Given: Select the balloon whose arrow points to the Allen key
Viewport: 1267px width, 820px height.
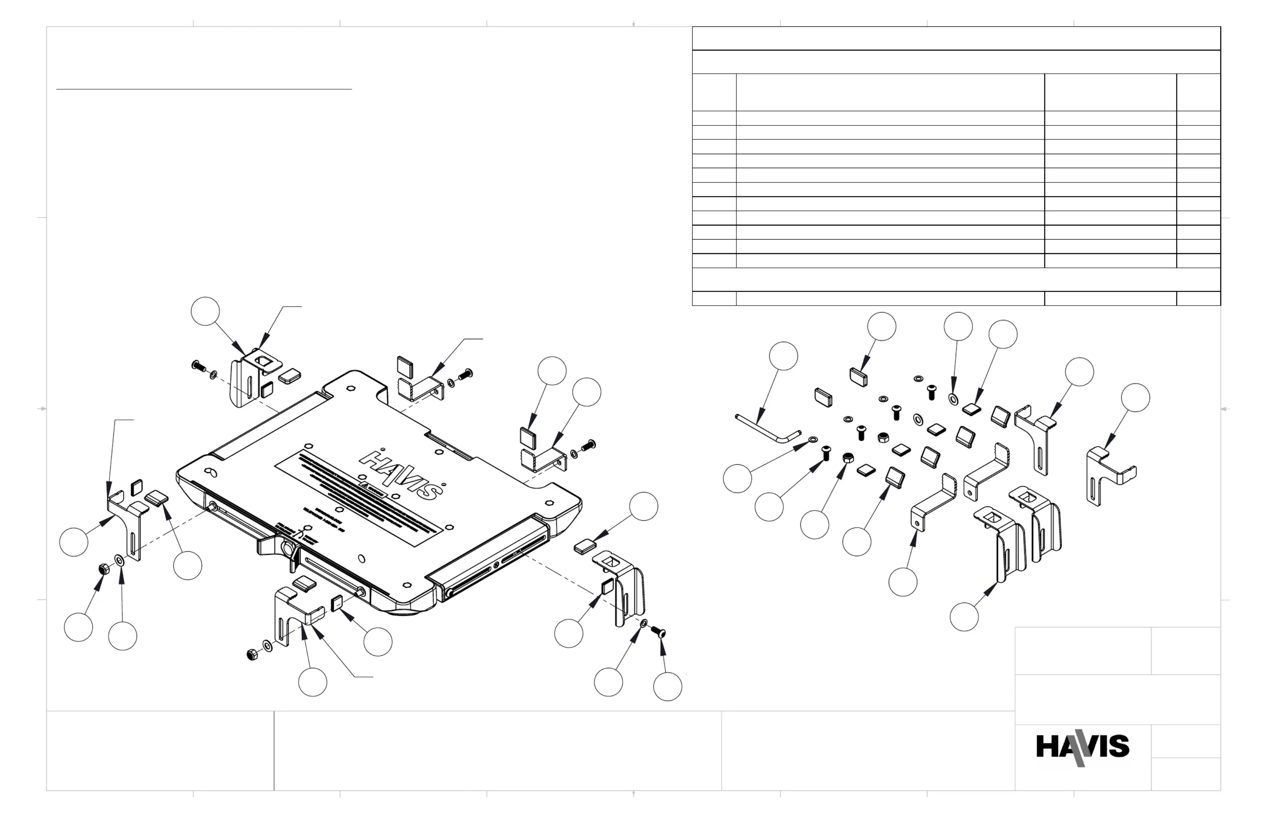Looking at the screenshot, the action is point(783,356).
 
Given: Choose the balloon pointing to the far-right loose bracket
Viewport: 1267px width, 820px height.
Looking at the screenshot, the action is point(1135,397).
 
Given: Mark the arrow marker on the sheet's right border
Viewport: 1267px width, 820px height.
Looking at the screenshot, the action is point(1224,409).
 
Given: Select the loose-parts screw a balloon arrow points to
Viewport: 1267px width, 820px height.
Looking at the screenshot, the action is point(826,453).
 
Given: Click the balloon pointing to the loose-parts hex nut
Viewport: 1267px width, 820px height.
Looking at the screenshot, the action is point(814,525).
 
